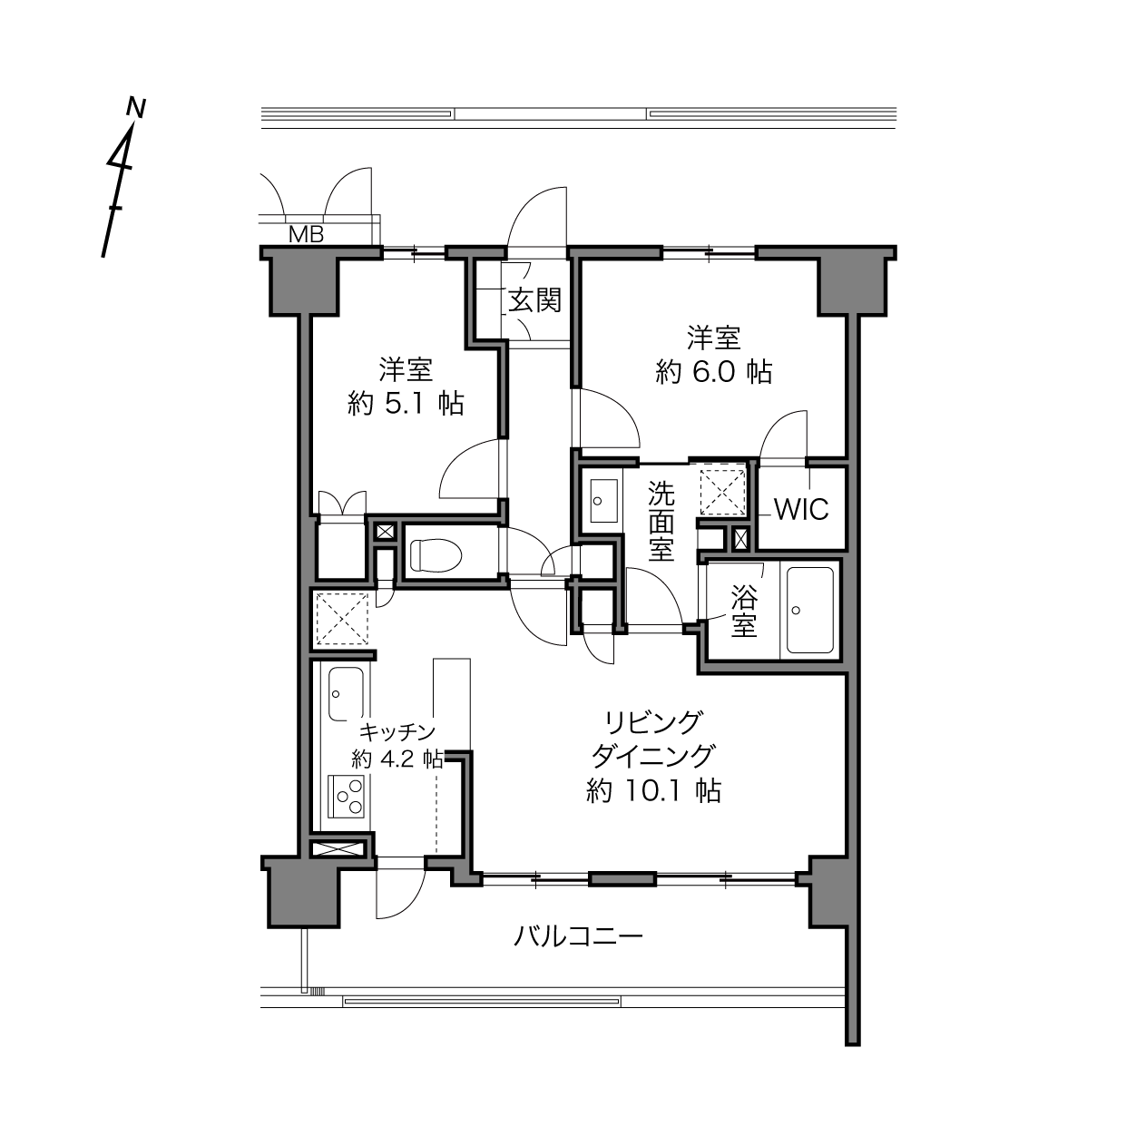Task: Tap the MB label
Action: (x=307, y=235)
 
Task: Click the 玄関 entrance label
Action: (x=534, y=301)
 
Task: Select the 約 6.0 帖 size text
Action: (x=713, y=373)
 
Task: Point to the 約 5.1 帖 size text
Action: (x=406, y=404)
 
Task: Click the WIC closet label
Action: (x=802, y=509)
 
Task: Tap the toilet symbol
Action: (x=435, y=554)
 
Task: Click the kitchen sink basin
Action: (x=346, y=694)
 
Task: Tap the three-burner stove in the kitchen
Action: (x=347, y=795)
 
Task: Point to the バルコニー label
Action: (x=578, y=935)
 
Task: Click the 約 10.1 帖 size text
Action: (x=654, y=791)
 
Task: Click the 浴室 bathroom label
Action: (x=743, y=610)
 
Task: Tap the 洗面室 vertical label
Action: (x=661, y=521)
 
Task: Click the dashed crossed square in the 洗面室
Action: (x=722, y=490)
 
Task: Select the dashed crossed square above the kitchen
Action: (x=342, y=619)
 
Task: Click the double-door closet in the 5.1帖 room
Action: (x=342, y=503)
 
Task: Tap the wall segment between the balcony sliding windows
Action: (x=623, y=880)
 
